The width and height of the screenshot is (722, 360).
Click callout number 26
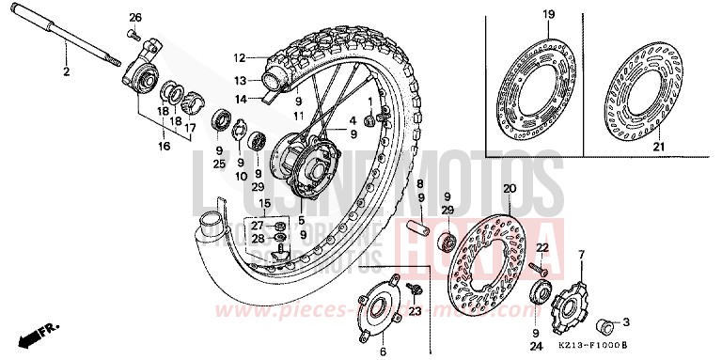point(134,18)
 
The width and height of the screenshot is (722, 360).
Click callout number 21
point(658,149)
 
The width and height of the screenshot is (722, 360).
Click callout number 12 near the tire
point(240,55)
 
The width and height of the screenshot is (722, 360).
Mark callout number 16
point(164,147)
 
